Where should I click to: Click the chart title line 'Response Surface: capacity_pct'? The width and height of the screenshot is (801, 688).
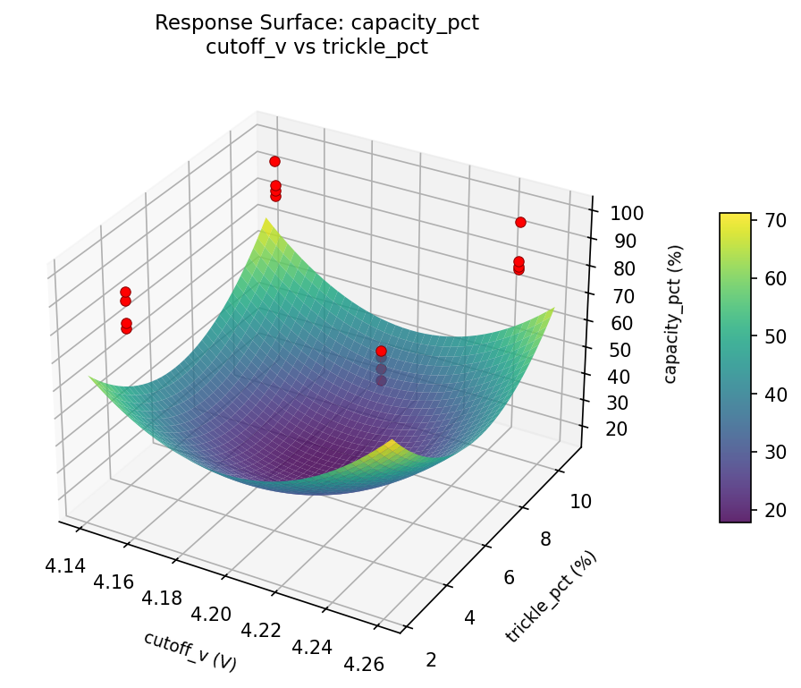(316, 23)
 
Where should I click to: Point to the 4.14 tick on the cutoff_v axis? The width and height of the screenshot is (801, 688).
(63, 565)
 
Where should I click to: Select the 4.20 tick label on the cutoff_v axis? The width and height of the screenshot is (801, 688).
(211, 613)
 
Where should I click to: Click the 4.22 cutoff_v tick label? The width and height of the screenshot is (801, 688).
(262, 629)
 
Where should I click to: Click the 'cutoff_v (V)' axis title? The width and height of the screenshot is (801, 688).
(190, 651)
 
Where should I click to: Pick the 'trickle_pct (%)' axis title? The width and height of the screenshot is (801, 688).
(551, 597)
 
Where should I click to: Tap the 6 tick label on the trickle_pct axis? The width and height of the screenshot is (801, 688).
(509, 578)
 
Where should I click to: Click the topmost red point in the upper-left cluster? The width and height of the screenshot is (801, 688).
(274, 161)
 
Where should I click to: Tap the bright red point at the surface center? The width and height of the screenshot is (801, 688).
(382, 352)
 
